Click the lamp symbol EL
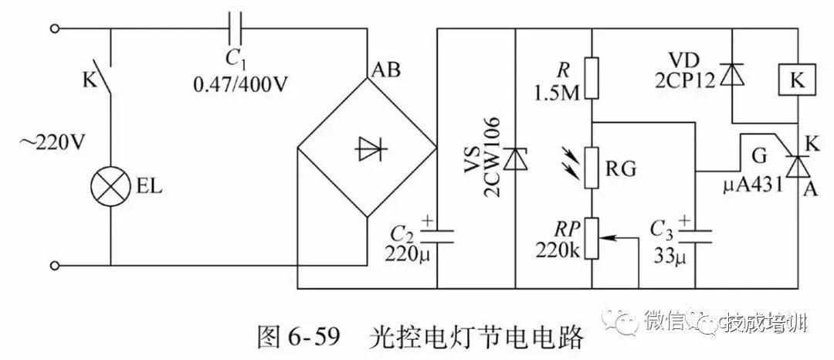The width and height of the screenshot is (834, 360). point(109,187)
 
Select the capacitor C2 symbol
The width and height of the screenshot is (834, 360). point(438,229)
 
